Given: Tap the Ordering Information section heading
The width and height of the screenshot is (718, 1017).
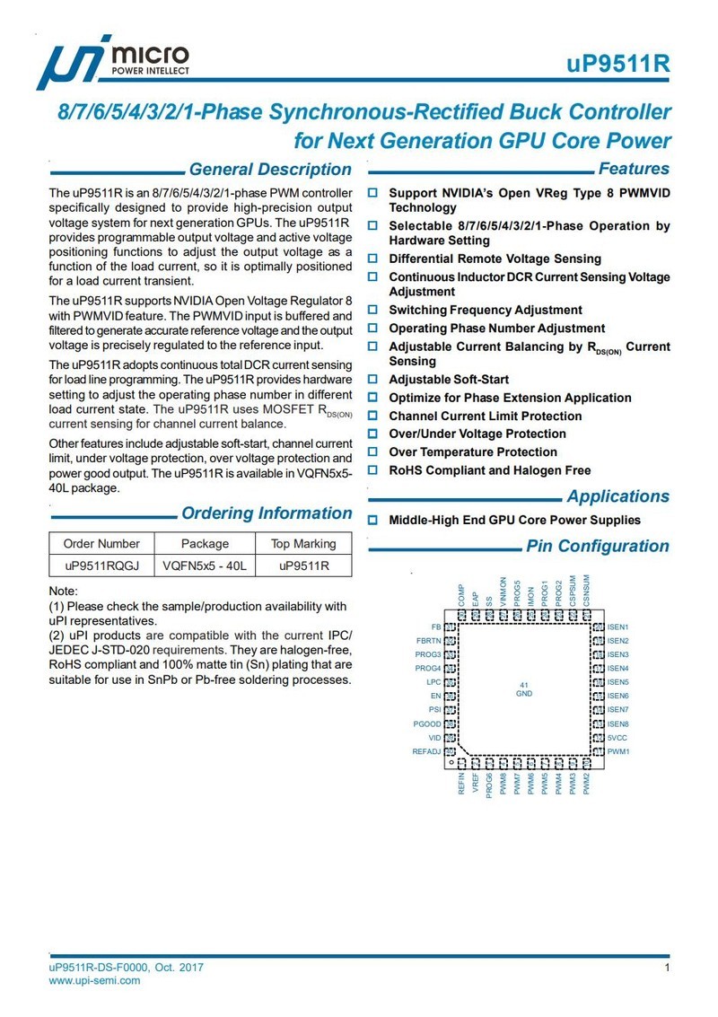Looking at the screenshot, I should coord(267,513).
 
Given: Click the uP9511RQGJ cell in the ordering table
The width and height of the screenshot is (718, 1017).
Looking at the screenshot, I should coord(101,566).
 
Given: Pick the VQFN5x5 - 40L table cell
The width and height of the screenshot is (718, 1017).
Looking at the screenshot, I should coord(205,566).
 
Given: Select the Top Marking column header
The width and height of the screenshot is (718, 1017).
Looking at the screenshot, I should coord(302,543).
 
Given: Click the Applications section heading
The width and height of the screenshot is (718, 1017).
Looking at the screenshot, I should coord(617,496).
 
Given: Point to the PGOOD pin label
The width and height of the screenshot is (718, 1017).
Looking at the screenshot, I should coord(427,723).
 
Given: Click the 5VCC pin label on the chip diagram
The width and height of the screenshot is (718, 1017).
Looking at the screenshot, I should coord(617,737).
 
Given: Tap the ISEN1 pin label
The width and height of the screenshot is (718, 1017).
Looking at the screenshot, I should coord(618,627).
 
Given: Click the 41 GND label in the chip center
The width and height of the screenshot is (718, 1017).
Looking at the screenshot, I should coord(524,690).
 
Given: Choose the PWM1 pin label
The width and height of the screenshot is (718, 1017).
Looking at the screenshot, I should coord(618,751).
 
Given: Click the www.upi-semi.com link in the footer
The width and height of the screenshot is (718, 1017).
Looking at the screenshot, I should coord(95,980).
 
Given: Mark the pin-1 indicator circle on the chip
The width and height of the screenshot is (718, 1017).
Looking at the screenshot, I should coord(451,762).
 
